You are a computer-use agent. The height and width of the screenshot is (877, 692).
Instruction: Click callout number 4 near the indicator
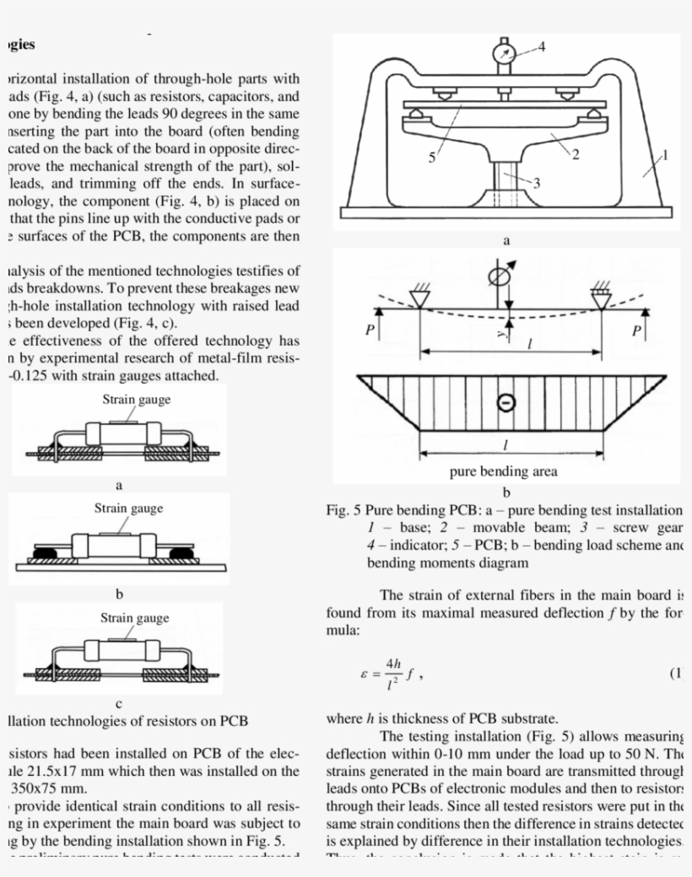pyautogui.click(x=541, y=46)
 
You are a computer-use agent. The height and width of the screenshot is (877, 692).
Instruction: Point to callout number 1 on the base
pyautogui.click(x=664, y=155)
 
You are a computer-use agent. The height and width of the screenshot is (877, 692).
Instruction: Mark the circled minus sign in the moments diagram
pyautogui.click(x=505, y=402)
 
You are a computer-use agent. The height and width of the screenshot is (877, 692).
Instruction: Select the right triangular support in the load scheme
pyautogui.click(x=601, y=297)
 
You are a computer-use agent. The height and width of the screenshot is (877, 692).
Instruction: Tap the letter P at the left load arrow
pyautogui.click(x=369, y=331)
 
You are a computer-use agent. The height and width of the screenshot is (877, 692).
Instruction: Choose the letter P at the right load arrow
pyautogui.click(x=636, y=331)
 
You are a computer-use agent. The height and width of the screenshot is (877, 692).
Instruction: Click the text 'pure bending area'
pyautogui.click(x=505, y=471)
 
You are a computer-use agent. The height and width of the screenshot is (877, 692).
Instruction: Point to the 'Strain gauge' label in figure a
pyautogui.click(x=136, y=399)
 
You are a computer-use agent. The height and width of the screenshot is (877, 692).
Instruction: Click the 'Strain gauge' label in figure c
pyautogui.click(x=135, y=618)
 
